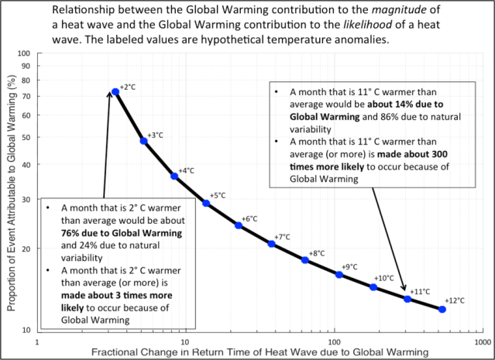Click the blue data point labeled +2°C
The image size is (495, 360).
point(115,91)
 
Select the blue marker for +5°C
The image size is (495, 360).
point(206,203)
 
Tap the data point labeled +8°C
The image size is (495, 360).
point(305,260)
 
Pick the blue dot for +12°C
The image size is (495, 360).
point(442,309)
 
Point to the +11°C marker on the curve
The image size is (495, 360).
point(407,299)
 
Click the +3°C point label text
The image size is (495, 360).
point(156,135)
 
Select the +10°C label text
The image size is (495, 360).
point(384,278)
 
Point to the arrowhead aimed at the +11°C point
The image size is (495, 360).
point(403,291)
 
